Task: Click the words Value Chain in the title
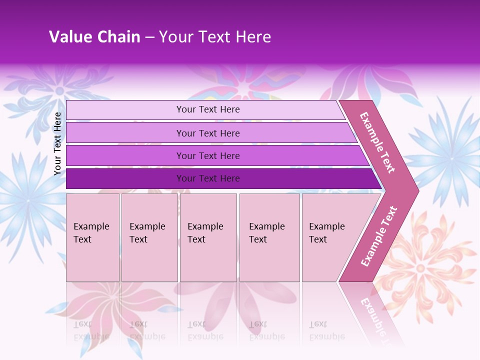[x=94, y=37]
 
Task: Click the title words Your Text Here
[x=215, y=37]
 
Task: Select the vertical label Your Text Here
[x=57, y=143]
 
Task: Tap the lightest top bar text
[x=208, y=109]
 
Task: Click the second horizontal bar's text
[x=208, y=133]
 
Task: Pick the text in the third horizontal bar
[x=208, y=156]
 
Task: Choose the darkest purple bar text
[x=208, y=178]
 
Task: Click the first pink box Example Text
[x=91, y=233]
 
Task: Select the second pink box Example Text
[x=147, y=233]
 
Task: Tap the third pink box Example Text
[x=205, y=233]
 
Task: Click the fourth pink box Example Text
[x=267, y=233]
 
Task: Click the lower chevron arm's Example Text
[x=379, y=236]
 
